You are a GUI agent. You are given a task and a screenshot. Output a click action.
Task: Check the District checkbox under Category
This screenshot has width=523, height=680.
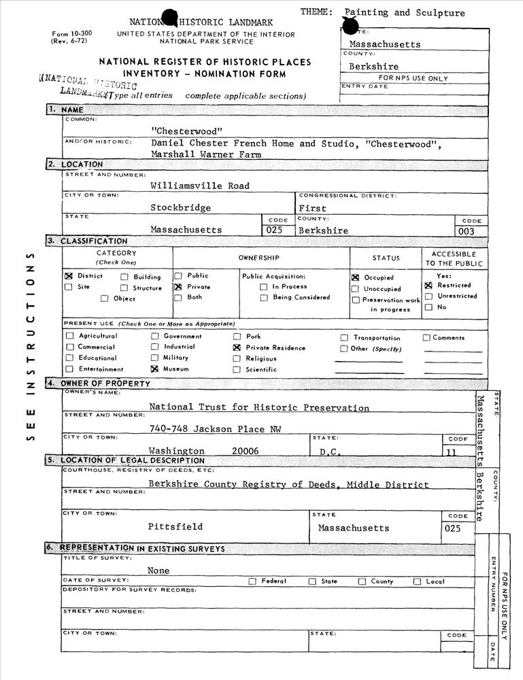click(69, 277)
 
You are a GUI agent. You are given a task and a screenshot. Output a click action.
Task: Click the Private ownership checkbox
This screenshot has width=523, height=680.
click(178, 287)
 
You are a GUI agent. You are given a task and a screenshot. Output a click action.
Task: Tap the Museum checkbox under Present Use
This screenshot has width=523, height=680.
click(154, 369)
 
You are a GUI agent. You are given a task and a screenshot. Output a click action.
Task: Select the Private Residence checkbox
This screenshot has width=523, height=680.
click(237, 347)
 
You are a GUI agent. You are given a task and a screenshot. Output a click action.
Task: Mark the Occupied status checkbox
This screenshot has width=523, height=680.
click(356, 277)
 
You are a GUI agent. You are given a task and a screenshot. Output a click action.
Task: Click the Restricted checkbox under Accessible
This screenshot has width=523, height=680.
click(428, 286)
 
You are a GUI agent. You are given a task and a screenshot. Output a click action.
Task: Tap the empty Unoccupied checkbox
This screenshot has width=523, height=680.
click(356, 288)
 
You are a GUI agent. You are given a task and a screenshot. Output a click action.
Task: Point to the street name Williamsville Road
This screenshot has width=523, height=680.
click(200, 186)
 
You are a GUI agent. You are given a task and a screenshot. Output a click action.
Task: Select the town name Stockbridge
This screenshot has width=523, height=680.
click(180, 207)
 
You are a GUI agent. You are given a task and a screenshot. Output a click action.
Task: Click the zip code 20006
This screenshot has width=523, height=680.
click(245, 451)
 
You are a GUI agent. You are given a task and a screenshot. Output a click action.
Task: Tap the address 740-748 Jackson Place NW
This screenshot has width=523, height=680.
click(214, 428)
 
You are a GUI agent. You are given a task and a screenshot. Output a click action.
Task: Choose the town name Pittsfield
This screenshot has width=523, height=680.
click(175, 526)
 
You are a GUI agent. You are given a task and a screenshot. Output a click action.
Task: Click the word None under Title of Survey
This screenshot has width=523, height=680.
click(158, 571)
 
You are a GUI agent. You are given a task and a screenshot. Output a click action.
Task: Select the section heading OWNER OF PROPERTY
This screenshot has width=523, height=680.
click(105, 384)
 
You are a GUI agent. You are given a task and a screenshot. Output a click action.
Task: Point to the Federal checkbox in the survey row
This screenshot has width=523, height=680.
click(252, 581)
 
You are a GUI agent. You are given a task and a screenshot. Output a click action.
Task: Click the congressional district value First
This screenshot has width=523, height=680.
click(313, 208)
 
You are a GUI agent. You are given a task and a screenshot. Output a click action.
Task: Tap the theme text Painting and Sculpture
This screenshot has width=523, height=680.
click(405, 13)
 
